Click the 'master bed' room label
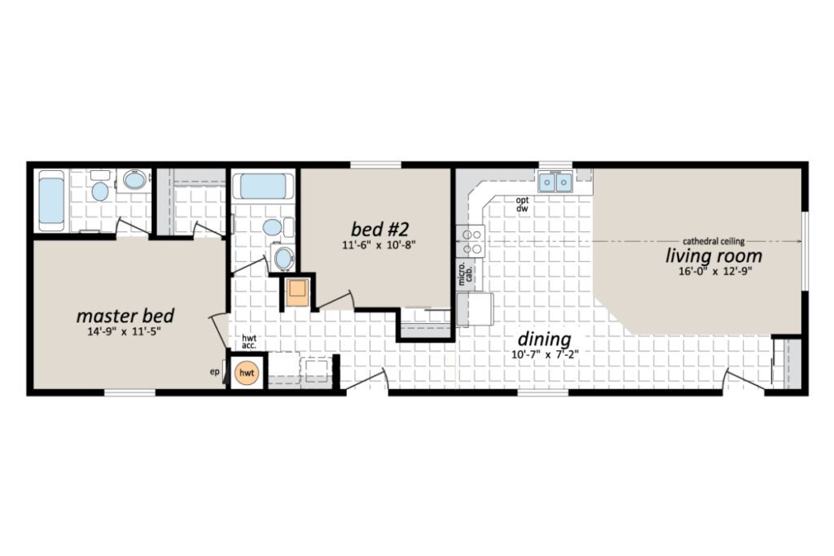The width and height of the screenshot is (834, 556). coord(125,316)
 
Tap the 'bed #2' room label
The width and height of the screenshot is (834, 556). coord(380,229)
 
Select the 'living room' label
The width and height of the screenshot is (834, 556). coord(713,256)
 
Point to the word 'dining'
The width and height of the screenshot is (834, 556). coord(544,339)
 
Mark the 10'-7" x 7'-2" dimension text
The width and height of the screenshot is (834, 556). coord(545,355)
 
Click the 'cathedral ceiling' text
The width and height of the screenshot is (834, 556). coord(713,241)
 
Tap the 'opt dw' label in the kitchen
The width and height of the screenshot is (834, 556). coord(522,204)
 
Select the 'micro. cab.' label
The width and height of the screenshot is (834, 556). coord(465,274)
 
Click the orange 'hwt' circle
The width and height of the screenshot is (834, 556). coord(246,373)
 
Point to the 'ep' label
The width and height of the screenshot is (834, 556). coord(214,372)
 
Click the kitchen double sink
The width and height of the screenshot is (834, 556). coord(555,183)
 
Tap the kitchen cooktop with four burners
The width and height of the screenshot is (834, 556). coord(471,241)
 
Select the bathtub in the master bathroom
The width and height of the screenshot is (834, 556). coord(51,201)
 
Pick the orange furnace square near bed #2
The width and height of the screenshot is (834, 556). coord(296,291)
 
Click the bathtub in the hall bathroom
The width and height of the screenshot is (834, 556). coord(263,186)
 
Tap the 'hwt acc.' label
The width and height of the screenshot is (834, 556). coord(249,342)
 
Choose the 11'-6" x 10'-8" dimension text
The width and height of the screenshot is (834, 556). coord(378,245)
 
